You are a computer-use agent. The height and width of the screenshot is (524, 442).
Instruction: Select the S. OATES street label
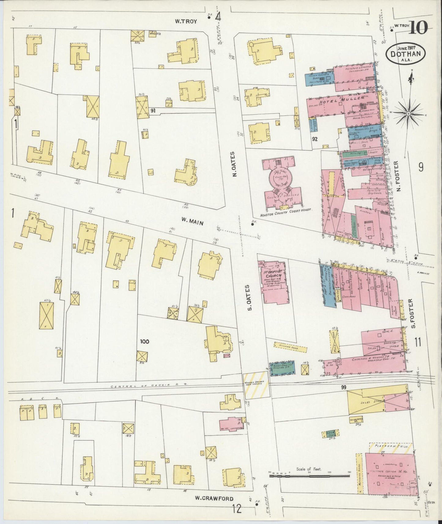(x=250, y=297)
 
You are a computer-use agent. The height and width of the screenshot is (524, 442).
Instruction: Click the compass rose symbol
(x=408, y=113)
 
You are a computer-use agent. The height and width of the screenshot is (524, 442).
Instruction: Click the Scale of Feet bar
(x=309, y=476)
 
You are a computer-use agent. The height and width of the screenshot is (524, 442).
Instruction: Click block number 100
(x=144, y=341)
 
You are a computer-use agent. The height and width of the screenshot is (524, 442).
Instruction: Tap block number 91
(x=153, y=111)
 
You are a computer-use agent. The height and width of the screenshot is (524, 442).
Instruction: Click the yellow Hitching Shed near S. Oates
(x=290, y=346)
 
